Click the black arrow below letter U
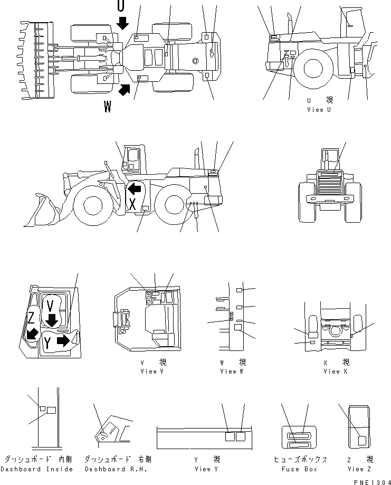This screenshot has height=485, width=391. click(x=122, y=23)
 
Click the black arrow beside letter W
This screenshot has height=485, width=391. click(x=124, y=89)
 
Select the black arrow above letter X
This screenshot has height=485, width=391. click(x=135, y=188)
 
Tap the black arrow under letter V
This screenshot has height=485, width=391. click(x=52, y=320)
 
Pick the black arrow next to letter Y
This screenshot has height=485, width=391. click(x=63, y=340)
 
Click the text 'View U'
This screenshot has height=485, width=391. click(x=319, y=110)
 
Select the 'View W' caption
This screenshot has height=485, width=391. click(x=232, y=372)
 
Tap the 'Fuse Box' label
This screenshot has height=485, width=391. click(x=299, y=469)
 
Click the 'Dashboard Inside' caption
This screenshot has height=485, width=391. click(x=37, y=469)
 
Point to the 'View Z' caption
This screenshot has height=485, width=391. click(x=360, y=469)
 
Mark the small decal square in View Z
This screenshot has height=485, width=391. click(x=363, y=440)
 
